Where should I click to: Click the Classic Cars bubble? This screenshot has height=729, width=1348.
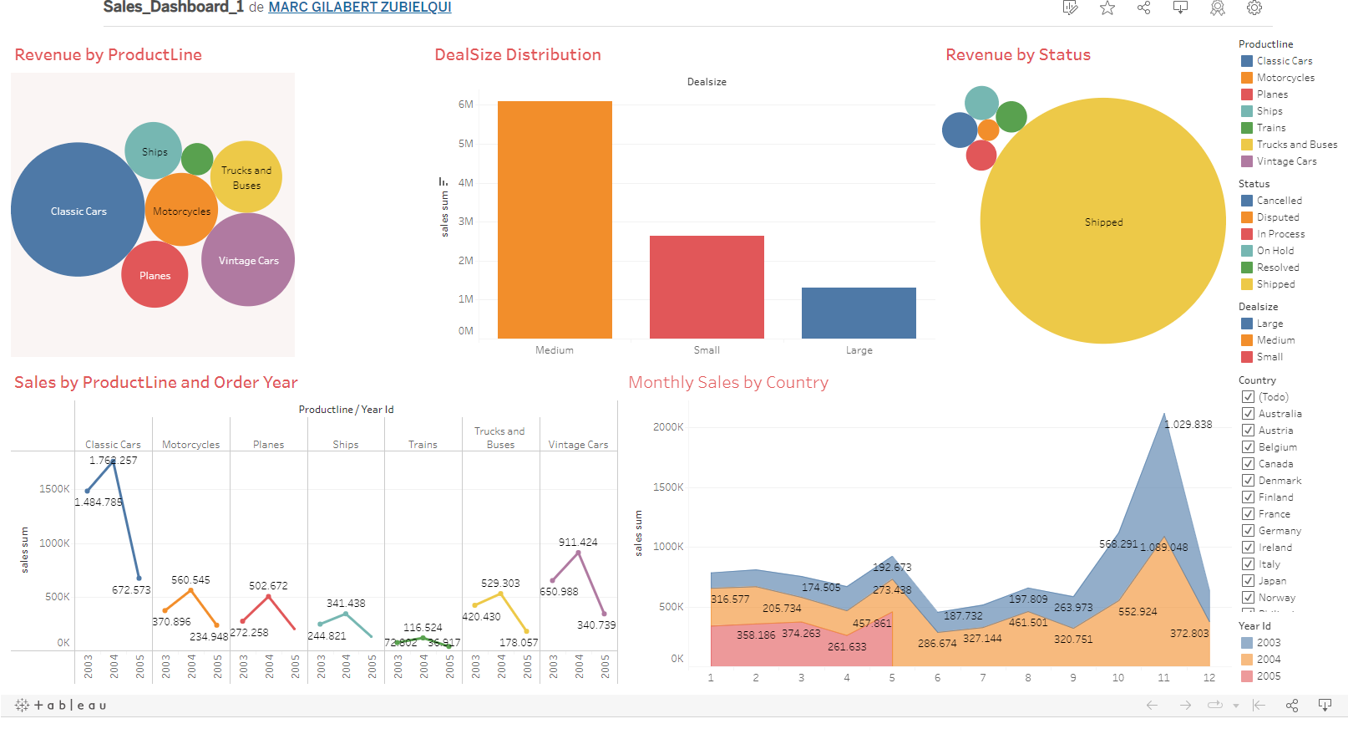pyautogui.click(x=78, y=210)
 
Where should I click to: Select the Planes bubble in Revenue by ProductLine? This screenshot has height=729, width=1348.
pyautogui.click(x=155, y=275)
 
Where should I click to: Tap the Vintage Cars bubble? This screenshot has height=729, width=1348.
pyautogui.click(x=248, y=260)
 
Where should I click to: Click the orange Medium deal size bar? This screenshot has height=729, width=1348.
pyautogui.click(x=555, y=220)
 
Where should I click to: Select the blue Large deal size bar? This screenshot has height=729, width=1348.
pyautogui.click(x=859, y=314)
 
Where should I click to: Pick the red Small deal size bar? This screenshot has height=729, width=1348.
pyautogui.click(x=707, y=287)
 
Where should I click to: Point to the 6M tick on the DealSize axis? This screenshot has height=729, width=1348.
pyautogui.click(x=465, y=105)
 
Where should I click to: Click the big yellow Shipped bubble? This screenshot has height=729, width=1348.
pyautogui.click(x=1102, y=222)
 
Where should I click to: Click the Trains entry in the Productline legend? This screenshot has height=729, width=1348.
pyautogui.click(x=1270, y=128)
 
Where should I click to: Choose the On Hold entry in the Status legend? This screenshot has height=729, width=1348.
pyautogui.click(x=1275, y=251)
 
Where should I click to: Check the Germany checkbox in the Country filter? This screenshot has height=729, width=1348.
pyautogui.click(x=1249, y=531)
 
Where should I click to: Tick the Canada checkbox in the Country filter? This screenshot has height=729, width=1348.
pyautogui.click(x=1249, y=464)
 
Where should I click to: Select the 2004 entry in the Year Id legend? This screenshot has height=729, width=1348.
pyautogui.click(x=1268, y=660)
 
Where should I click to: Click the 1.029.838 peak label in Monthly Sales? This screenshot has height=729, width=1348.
pyautogui.click(x=1188, y=425)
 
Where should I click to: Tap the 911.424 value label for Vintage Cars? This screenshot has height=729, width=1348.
pyautogui.click(x=578, y=543)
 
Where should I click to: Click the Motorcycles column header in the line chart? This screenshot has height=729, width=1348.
pyautogui.click(x=190, y=445)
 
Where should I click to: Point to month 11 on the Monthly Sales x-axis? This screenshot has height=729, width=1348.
pyautogui.click(x=1163, y=678)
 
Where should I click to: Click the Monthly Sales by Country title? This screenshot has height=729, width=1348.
pyautogui.click(x=727, y=383)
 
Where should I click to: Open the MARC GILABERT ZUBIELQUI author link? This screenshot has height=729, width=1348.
pyautogui.click(x=359, y=8)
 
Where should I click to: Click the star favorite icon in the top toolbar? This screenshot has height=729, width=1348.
pyautogui.click(x=1107, y=8)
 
